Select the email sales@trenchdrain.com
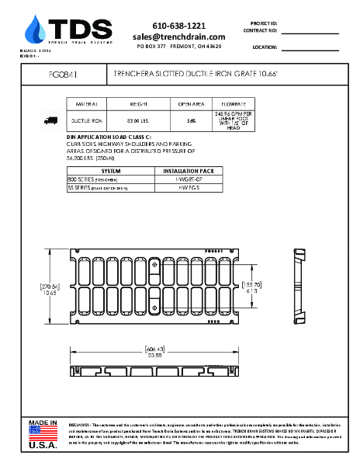click(178, 37)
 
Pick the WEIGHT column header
click(138, 103)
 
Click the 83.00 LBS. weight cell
click(138, 120)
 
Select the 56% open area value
click(191, 120)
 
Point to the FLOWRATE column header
click(234, 103)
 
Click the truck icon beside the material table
click(51, 120)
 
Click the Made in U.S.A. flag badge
click(43, 434)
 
